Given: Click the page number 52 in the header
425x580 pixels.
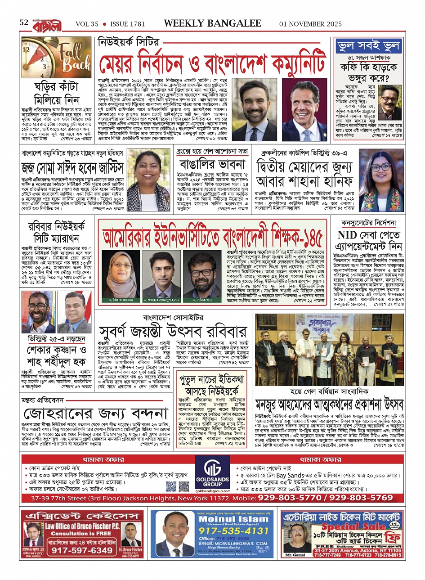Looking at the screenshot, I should tap(24, 22).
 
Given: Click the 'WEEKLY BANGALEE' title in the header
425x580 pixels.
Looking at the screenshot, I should tap(212, 23).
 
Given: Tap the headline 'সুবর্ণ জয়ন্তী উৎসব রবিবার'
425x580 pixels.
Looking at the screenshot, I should tap(173, 331).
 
